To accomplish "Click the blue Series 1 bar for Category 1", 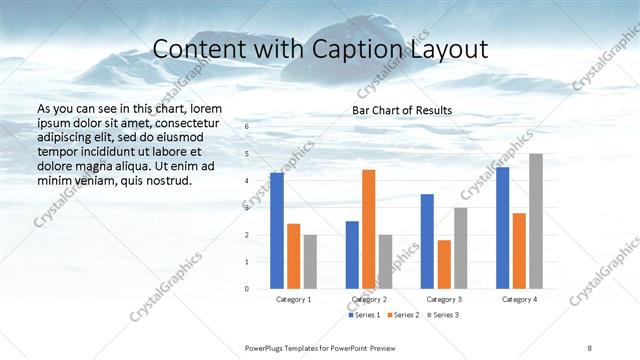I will coord(277,231).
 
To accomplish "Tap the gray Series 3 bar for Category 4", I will coord(536,221).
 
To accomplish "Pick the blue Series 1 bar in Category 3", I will coord(427,241).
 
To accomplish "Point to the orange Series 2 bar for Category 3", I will coord(444,264).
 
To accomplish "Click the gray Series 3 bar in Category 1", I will coord(310,262).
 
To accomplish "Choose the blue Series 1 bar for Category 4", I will coord(503,228).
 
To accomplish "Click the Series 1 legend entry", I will coord(365,316).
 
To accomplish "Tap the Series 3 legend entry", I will coord(442,316).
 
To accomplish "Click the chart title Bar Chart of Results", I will coord(402,110).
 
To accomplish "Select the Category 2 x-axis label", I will coord(369,299).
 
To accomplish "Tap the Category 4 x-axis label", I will coord(519,299).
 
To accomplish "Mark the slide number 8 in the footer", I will coord(590,347).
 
